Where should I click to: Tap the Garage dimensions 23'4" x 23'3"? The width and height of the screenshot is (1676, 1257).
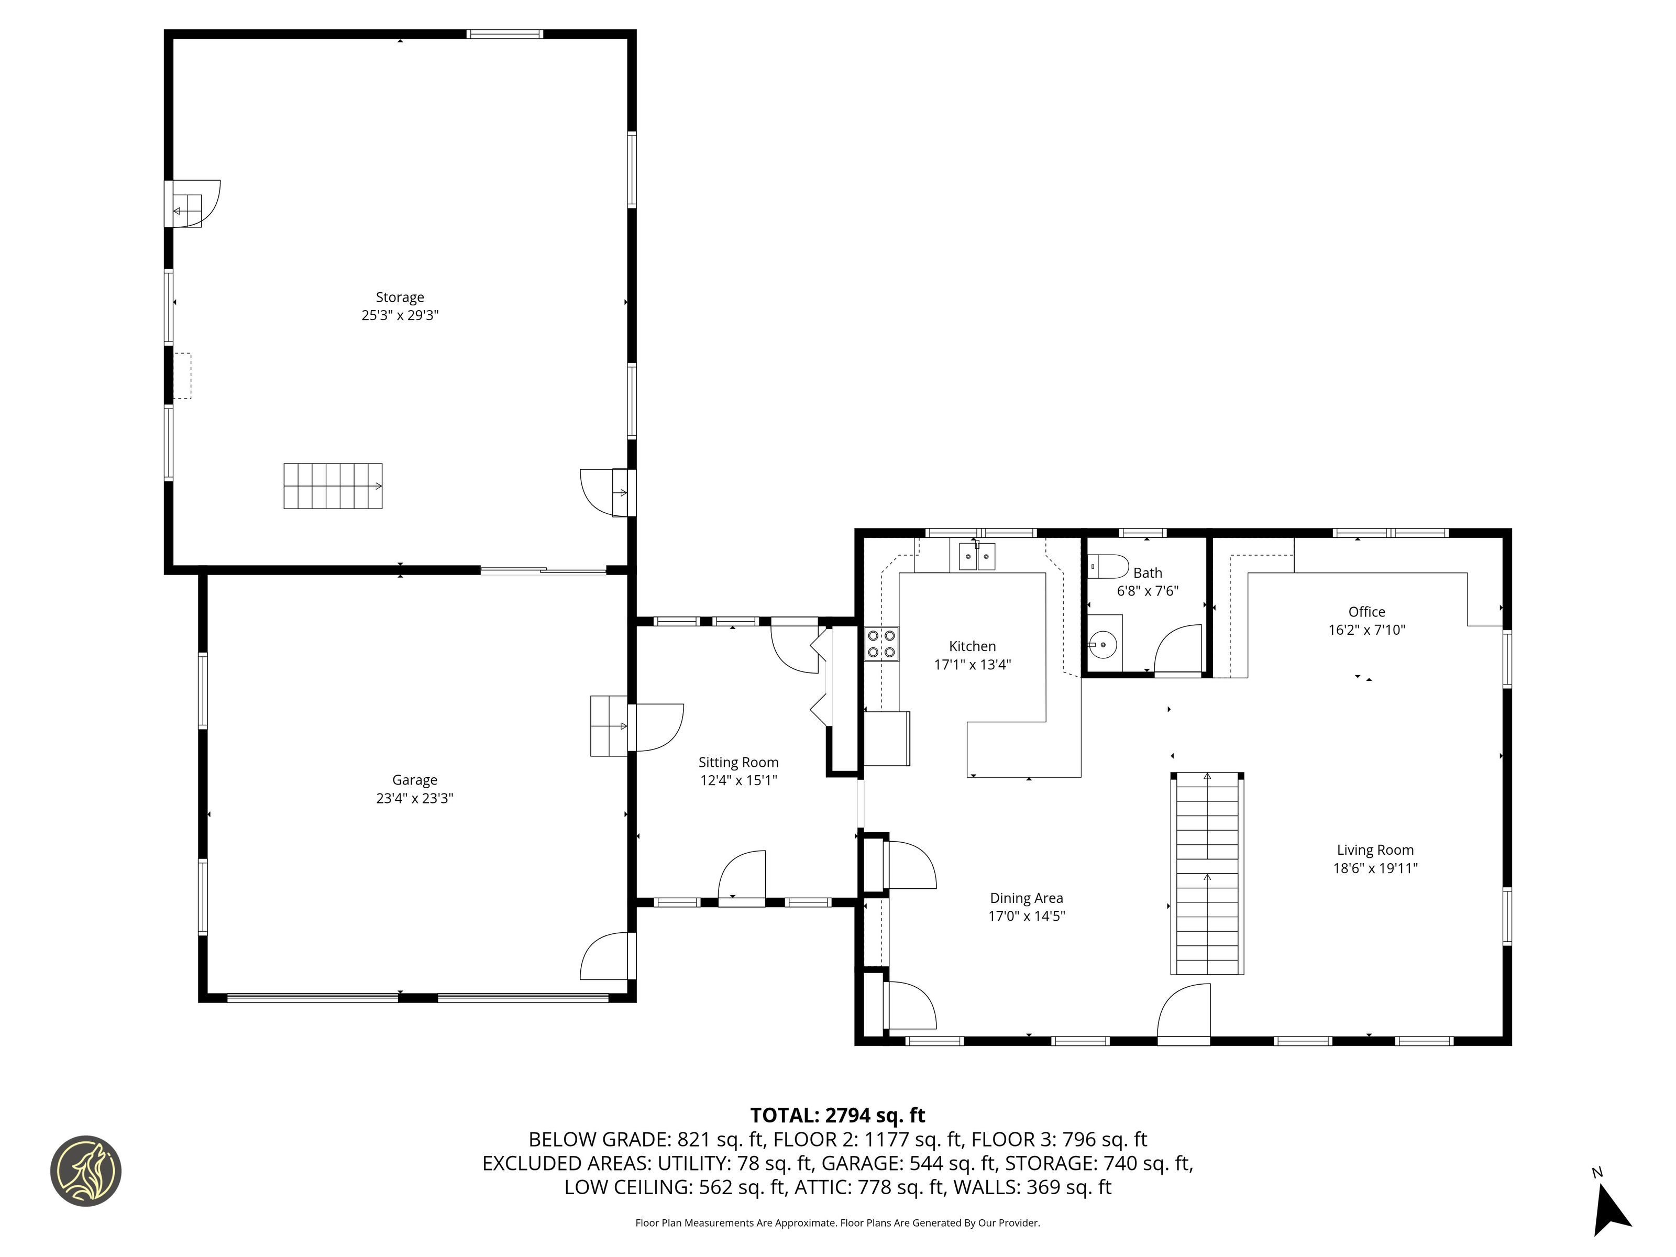[x=414, y=798]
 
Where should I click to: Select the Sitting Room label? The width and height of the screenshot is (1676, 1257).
[x=738, y=762]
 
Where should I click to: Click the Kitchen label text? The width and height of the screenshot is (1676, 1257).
[x=972, y=646]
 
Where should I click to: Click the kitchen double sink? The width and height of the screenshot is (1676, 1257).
[x=977, y=556]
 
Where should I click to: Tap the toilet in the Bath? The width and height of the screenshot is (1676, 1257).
[x=1108, y=567]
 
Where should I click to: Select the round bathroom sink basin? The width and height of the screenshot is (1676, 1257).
[x=1103, y=645]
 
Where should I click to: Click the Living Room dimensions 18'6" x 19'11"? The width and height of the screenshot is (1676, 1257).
[x=1375, y=868]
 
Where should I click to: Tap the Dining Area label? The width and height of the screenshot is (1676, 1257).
[x=1027, y=898]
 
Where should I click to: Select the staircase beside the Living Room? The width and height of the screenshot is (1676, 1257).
[x=1207, y=874]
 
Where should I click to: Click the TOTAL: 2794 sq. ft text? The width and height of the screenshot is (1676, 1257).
[x=837, y=1115]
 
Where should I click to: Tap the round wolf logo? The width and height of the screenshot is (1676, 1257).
[x=85, y=1171]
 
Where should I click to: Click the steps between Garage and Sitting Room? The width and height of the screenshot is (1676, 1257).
[x=609, y=725]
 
